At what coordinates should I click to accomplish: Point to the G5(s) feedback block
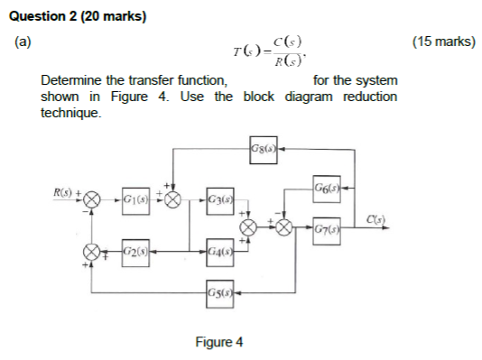coord(218,292)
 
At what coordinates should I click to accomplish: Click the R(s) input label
coord(64,191)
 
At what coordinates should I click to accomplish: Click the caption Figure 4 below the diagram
coord(218,341)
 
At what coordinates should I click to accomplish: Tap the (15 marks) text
coord(442,42)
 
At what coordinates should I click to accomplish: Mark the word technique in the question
coord(70,114)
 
